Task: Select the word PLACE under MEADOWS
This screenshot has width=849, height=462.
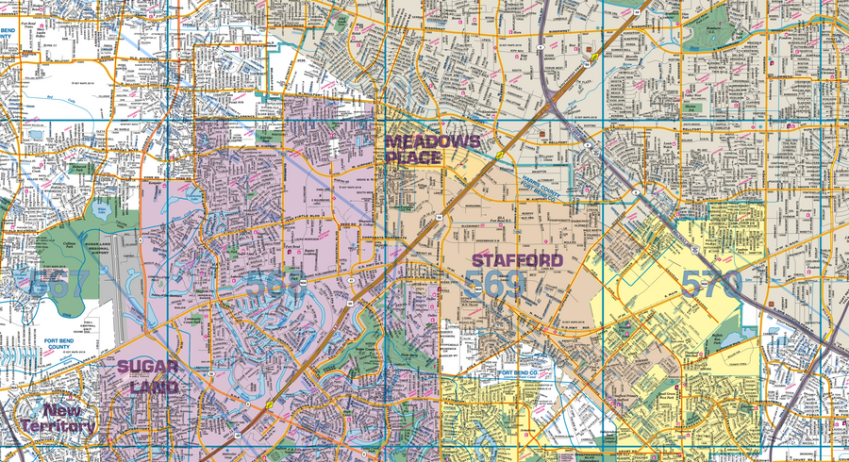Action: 413,157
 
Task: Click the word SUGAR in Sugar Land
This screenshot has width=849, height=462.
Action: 147,366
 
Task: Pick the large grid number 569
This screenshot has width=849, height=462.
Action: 494,283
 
